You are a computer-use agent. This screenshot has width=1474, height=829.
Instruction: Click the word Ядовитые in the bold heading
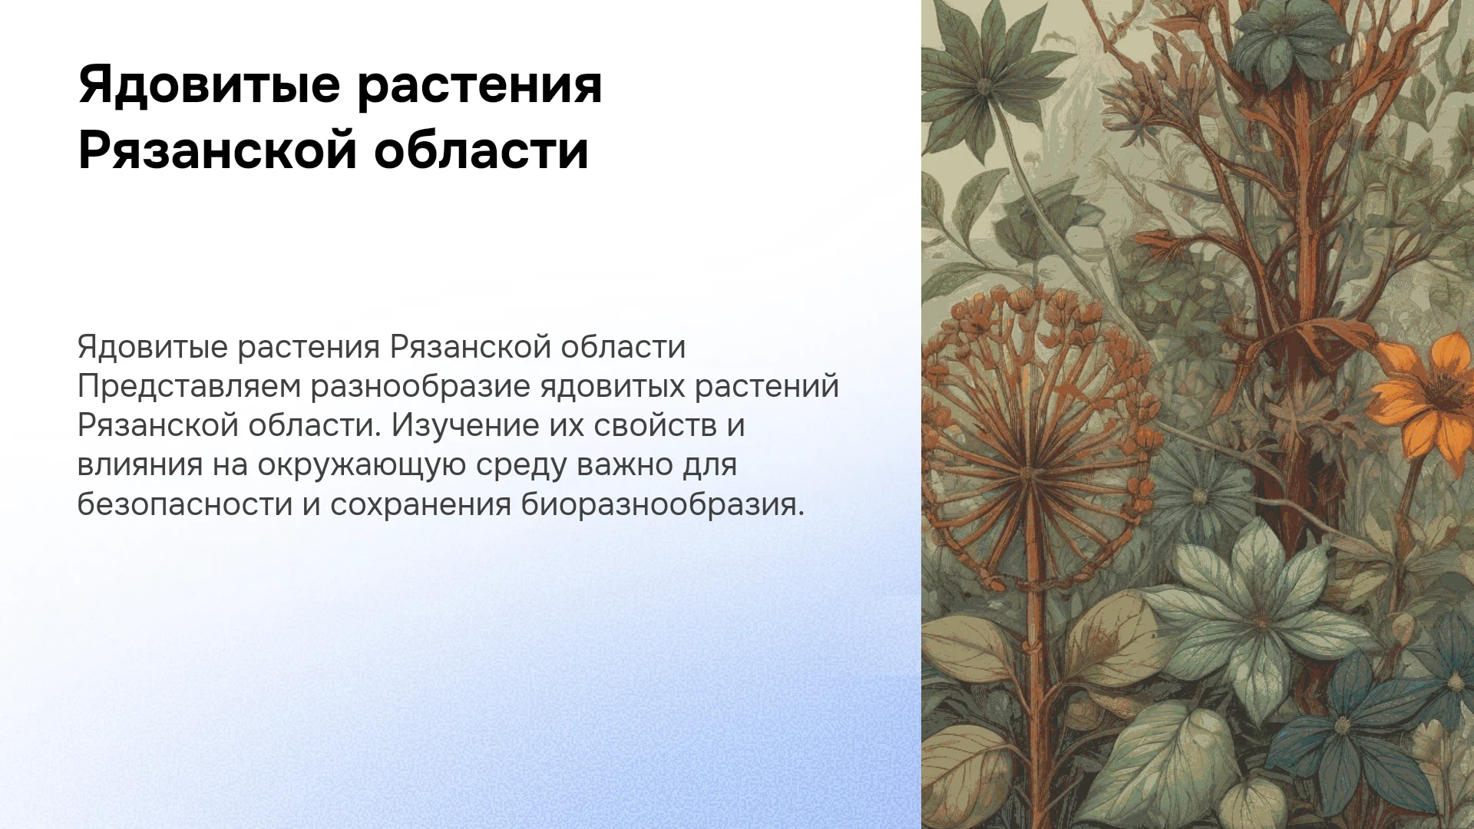(x=209, y=86)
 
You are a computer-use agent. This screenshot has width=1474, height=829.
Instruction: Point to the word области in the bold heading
(x=481, y=150)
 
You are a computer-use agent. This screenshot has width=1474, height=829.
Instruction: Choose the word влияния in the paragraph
(x=140, y=466)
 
